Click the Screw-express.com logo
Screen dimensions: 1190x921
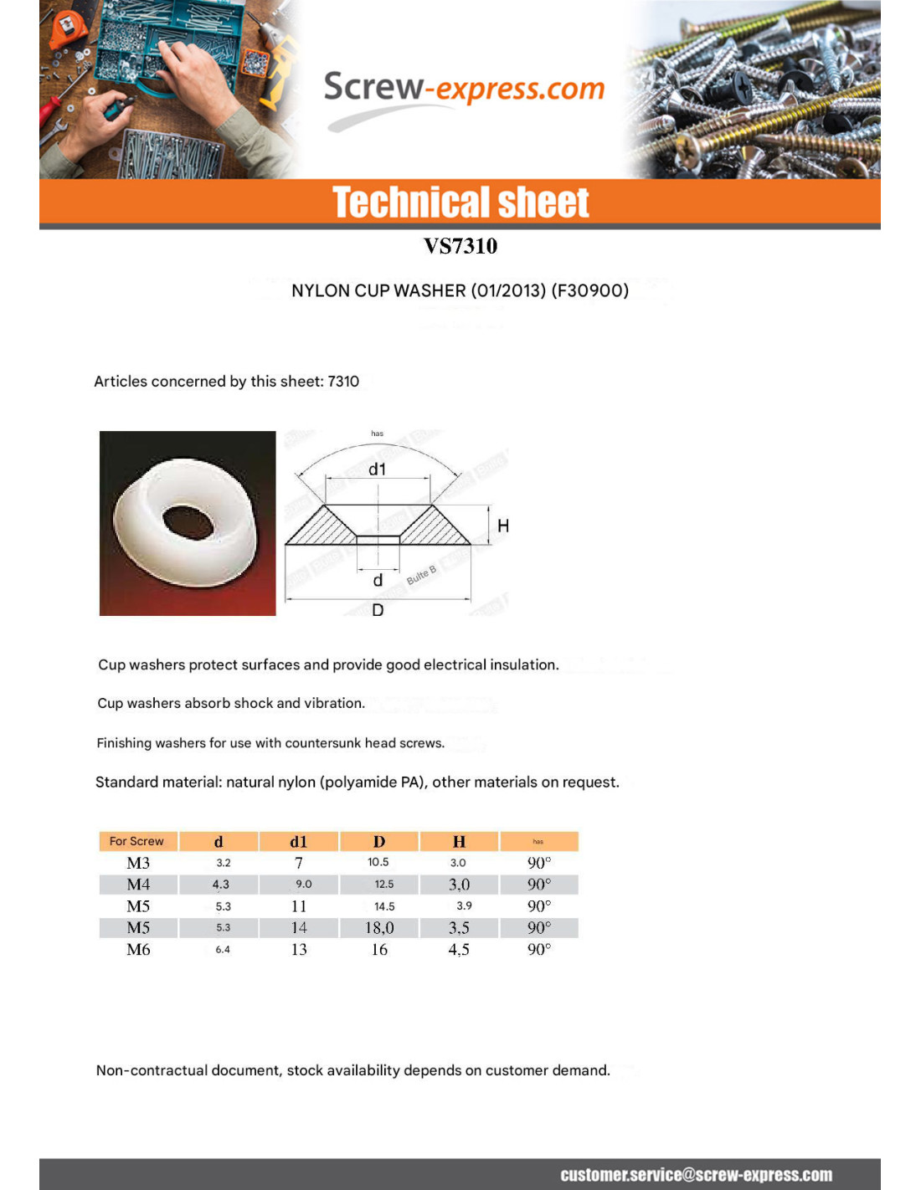click(x=463, y=90)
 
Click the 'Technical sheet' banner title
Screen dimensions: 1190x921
click(x=460, y=203)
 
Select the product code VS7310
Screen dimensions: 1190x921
click(x=460, y=246)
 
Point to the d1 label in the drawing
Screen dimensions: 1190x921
click(x=378, y=469)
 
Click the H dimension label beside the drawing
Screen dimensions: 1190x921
click(x=503, y=526)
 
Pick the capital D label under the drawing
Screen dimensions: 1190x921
click(x=378, y=610)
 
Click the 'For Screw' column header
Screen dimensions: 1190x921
click(x=136, y=841)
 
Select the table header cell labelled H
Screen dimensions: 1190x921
click(x=459, y=842)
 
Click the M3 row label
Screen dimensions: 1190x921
click(x=138, y=863)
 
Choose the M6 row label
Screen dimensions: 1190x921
click(x=138, y=949)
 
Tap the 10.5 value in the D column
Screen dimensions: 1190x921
click(x=378, y=862)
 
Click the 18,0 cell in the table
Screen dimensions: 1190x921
click(x=379, y=927)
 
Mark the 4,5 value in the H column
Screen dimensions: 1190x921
click(x=459, y=949)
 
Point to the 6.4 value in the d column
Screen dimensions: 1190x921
click(x=223, y=950)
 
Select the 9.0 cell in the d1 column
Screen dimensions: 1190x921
click(x=303, y=884)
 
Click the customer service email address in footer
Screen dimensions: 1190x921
click(x=696, y=1175)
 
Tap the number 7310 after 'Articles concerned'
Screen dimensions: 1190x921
click(x=343, y=382)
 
